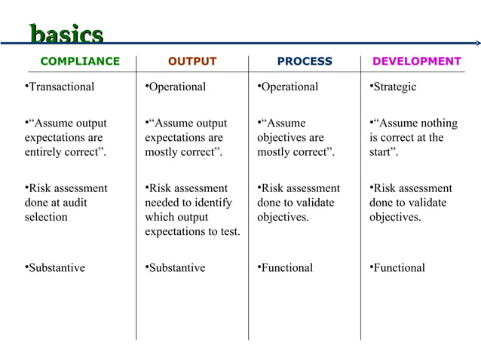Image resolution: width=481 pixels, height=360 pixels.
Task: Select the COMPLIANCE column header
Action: (80, 62)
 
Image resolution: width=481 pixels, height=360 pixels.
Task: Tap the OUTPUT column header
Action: (191, 62)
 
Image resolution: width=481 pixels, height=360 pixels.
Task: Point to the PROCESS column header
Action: (305, 62)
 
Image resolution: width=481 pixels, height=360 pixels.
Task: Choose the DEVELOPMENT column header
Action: (417, 62)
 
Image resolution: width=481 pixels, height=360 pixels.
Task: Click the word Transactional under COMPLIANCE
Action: (61, 87)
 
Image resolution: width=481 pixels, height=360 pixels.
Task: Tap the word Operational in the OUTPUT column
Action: (176, 87)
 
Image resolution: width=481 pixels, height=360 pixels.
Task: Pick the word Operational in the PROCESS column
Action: (290, 87)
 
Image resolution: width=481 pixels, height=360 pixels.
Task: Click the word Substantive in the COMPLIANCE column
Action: (57, 267)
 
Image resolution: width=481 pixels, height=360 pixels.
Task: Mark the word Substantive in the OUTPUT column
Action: (176, 267)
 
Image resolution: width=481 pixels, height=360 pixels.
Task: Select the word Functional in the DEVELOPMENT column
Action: (399, 267)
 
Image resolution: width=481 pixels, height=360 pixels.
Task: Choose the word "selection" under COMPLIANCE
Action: (46, 217)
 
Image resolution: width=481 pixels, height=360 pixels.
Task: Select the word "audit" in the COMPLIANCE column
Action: (74, 203)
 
